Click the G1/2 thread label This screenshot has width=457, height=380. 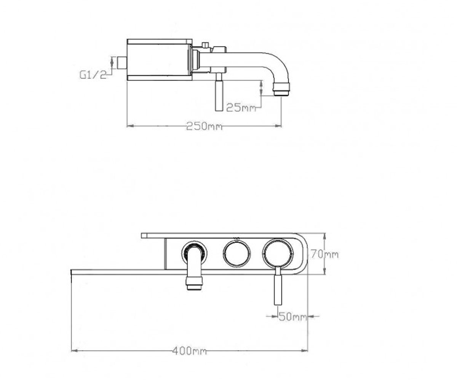click(x=93, y=75)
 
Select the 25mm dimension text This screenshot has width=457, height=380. click(x=241, y=108)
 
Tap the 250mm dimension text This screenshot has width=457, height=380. click(x=204, y=126)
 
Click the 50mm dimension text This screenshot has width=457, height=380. click(x=293, y=317)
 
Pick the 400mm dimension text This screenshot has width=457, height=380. click(x=190, y=351)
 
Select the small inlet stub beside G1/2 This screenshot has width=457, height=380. click(x=122, y=63)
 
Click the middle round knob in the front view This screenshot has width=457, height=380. click(x=237, y=253)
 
